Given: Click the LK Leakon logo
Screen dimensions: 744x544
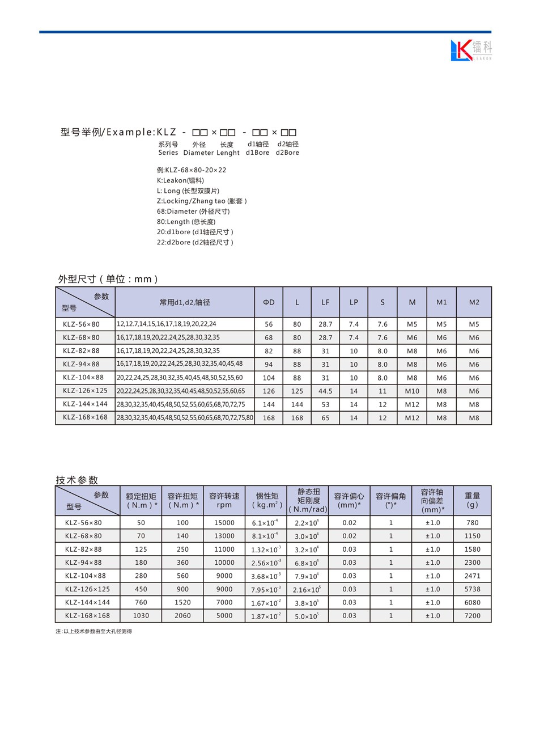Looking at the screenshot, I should click(x=471, y=50).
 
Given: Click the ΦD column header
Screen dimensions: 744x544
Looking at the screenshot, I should click(x=269, y=302).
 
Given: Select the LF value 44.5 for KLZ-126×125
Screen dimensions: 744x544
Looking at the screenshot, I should click(x=325, y=391).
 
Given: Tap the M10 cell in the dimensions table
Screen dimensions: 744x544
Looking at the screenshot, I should click(x=412, y=391).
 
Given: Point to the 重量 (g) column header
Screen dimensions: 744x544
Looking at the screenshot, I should click(x=472, y=500).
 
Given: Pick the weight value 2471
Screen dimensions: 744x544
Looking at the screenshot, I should click(x=472, y=576).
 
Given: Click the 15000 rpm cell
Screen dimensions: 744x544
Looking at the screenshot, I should click(x=224, y=523).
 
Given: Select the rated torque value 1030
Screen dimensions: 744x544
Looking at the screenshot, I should click(x=141, y=615).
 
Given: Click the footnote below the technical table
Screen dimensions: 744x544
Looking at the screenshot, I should click(x=93, y=631).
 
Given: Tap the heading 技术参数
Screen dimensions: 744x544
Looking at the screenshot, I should click(x=77, y=480).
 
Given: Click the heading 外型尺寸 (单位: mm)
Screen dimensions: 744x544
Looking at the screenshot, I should click(x=108, y=279).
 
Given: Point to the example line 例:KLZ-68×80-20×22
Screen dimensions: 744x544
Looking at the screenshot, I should click(x=192, y=170).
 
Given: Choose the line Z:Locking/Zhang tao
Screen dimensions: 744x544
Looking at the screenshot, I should click(x=202, y=201).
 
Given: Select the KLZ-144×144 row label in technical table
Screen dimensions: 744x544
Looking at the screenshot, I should click(x=87, y=602).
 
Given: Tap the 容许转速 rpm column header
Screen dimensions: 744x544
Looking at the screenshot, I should click(x=224, y=500).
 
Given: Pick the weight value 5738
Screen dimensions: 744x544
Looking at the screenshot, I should click(x=472, y=589).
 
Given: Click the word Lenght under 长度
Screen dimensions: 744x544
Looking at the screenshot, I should click(x=228, y=153).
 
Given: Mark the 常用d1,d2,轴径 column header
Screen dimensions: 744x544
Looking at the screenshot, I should click(x=185, y=302).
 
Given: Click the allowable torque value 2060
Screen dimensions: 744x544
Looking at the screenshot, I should click(x=182, y=615).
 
